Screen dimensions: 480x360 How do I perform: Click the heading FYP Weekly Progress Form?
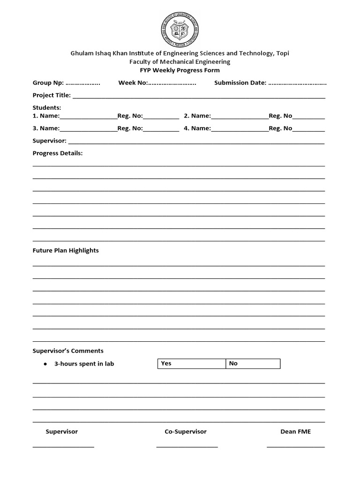[x=180, y=70]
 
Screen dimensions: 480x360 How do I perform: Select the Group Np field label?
[x=48, y=83]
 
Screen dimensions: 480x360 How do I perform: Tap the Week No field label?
[x=133, y=83]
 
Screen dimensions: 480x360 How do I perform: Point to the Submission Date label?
[x=240, y=83]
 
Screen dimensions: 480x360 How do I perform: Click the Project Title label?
[x=52, y=96]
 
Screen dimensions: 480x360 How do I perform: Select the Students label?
[x=47, y=108]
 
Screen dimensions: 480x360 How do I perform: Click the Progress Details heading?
[x=58, y=153]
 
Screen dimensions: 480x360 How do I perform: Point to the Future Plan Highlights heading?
[x=66, y=250]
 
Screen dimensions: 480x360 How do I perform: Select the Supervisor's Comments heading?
[x=68, y=351]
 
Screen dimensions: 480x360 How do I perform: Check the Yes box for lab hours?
[x=191, y=364]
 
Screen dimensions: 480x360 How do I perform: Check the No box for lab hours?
[x=253, y=364]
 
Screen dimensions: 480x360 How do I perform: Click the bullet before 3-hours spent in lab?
[x=45, y=364]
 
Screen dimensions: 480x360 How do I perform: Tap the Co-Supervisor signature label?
[x=186, y=432]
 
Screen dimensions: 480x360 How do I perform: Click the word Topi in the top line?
[x=283, y=53]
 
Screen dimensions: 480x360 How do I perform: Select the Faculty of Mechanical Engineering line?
[x=180, y=62]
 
